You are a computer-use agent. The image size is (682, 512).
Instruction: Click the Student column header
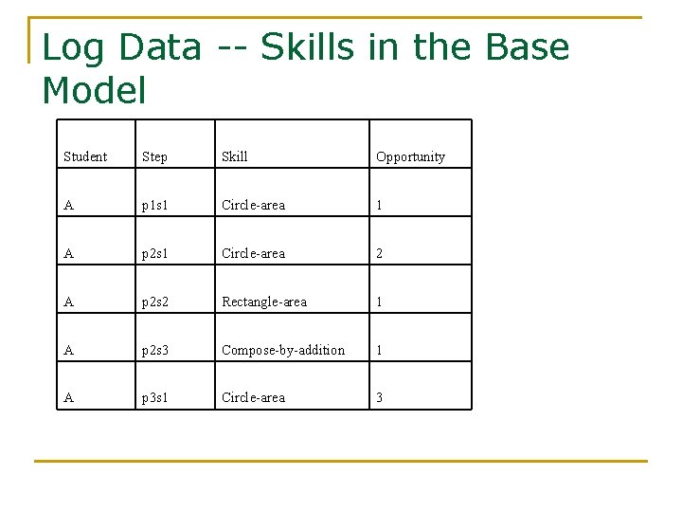coord(85,156)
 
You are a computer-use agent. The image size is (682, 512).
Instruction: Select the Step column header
coord(154,156)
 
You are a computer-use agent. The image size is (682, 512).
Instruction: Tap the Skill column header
coord(234,156)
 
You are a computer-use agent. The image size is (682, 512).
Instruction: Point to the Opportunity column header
coord(410,156)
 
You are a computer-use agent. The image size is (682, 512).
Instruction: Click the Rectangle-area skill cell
coord(264,302)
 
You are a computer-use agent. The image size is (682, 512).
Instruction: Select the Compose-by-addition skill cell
coord(283,350)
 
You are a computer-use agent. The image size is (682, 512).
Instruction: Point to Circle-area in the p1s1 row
coord(253,205)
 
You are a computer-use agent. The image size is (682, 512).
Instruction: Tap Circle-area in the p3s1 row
coord(253,397)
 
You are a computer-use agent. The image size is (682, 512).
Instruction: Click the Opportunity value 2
coord(380,253)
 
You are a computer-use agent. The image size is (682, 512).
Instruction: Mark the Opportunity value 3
coord(380,397)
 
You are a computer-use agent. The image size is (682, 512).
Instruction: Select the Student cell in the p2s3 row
coord(68,350)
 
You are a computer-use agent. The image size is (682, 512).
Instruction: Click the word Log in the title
coord(71,47)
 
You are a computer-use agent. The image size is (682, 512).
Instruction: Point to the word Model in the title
coord(95,91)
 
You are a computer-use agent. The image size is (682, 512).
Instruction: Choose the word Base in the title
coord(524,47)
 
